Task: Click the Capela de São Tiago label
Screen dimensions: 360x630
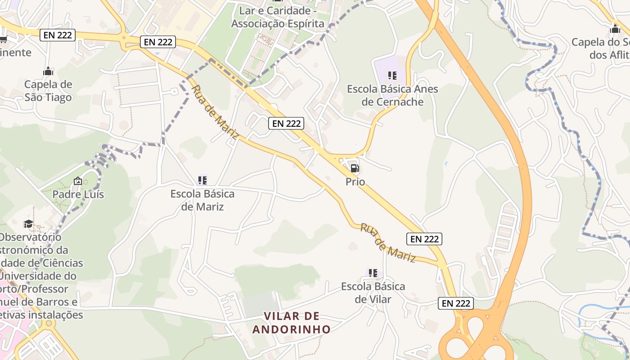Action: [x=48, y=91]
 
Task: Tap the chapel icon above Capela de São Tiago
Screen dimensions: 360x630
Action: [x=48, y=72]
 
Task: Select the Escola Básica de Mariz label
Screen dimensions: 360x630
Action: [x=202, y=200]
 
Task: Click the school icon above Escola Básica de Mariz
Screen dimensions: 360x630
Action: [x=202, y=180]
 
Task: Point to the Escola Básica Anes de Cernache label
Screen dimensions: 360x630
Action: [x=392, y=95]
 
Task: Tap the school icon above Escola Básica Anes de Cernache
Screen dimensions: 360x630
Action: [x=392, y=76]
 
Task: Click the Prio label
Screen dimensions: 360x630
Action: [x=355, y=182]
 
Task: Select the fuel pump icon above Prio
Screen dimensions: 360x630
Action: [x=355, y=169]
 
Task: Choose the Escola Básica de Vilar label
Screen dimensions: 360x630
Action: [x=373, y=292]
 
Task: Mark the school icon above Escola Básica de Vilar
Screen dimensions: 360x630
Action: [x=373, y=273]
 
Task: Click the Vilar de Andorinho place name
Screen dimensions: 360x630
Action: [x=292, y=323]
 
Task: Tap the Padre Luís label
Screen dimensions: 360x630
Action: [x=78, y=194]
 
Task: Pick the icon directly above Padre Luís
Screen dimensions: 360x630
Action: [x=78, y=181]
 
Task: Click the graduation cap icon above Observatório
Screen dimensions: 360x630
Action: [x=28, y=224]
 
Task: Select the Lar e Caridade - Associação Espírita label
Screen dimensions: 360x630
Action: [x=278, y=17]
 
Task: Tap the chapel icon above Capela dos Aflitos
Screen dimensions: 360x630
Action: [x=615, y=30]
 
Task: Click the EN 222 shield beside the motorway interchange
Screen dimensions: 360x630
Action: [x=456, y=303]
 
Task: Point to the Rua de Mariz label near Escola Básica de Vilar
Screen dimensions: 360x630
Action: [x=388, y=243]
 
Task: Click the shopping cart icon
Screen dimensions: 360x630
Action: [x=4, y=39]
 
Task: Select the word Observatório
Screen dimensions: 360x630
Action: [x=31, y=237]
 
